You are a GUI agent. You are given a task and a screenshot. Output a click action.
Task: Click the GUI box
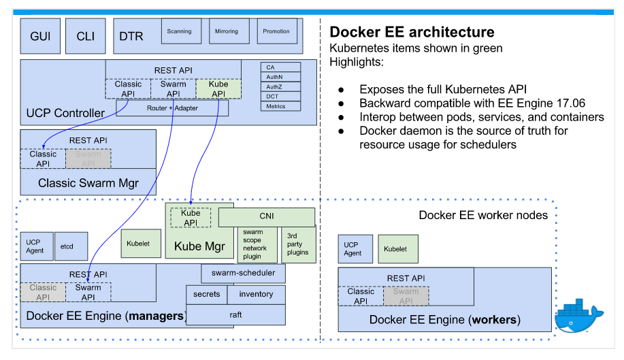40,36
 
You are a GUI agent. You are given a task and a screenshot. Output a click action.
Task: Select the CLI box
86,36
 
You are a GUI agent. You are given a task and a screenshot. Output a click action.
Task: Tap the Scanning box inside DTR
179,31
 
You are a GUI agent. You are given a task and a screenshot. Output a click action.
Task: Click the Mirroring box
227,31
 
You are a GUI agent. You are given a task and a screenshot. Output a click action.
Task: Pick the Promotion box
276,31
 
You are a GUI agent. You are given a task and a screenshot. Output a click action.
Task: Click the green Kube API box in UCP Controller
218,89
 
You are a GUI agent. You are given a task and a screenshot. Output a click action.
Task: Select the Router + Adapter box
172,108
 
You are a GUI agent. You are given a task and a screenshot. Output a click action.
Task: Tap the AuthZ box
280,87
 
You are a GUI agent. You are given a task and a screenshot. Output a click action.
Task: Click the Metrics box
280,106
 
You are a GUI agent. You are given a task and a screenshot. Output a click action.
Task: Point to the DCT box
280,97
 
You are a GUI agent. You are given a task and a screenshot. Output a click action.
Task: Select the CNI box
266,216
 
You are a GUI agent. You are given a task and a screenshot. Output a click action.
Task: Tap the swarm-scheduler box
243,273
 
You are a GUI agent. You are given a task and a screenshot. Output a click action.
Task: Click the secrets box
206,294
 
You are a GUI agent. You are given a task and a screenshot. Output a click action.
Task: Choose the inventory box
256,294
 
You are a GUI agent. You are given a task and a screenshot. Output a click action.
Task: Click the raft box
235,315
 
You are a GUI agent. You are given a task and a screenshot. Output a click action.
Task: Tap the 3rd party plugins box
298,244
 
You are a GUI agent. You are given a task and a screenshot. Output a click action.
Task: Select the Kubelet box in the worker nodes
395,249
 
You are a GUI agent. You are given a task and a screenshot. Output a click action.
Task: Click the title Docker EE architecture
412,32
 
